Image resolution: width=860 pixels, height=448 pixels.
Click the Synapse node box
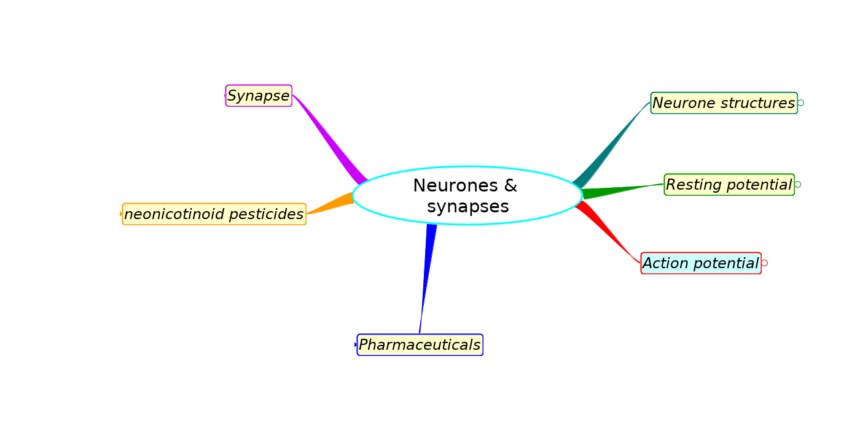tap(259, 96)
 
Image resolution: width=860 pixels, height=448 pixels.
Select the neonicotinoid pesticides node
tap(214, 214)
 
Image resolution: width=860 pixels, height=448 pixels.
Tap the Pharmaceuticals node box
tap(420, 345)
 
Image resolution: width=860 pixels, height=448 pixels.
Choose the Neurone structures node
tap(724, 103)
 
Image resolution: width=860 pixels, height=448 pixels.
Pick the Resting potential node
tap(729, 185)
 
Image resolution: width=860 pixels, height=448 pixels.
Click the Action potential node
tap(700, 263)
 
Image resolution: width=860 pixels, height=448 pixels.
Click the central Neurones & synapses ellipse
tap(467, 195)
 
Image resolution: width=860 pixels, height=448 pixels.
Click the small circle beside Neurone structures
tap(800, 103)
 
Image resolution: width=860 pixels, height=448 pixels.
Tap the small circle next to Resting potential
tap(797, 185)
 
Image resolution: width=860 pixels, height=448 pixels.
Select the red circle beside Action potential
tap(764, 263)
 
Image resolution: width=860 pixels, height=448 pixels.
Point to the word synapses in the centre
tap(467, 207)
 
